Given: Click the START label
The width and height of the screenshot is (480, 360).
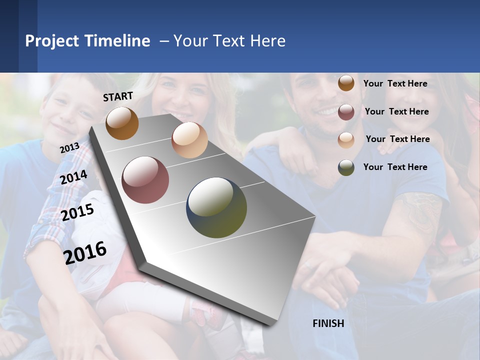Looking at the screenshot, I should point(118,96).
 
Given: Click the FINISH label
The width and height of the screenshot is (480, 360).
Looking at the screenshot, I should point(328,323).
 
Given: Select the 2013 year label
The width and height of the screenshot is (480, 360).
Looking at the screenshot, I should point(69,148).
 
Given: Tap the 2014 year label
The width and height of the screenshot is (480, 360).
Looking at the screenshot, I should point(73,177).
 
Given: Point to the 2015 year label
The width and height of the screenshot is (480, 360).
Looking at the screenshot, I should point(77,212).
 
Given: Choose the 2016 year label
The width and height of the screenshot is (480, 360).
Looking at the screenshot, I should point(85,253).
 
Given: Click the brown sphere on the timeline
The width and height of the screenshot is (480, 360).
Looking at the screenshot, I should point(122,123).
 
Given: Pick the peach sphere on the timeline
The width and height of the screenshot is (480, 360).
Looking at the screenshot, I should point(189,140).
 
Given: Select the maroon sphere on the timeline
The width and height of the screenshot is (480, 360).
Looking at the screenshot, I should point(145,180).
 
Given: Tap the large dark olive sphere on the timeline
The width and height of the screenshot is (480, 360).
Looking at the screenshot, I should point(216,207).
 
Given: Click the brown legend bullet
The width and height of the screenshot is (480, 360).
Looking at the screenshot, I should point(346,83).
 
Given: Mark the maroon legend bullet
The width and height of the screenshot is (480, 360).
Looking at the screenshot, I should point(346,111).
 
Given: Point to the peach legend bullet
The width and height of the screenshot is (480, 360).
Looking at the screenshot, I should point(346,139).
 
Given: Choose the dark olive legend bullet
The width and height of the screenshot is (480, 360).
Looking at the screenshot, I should point(346,167).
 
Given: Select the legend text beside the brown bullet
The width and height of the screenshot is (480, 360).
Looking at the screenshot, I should point(395,83).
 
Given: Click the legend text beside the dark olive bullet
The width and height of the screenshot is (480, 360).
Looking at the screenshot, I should point(395,167).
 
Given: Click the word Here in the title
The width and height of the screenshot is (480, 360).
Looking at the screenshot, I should point(267,41).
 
